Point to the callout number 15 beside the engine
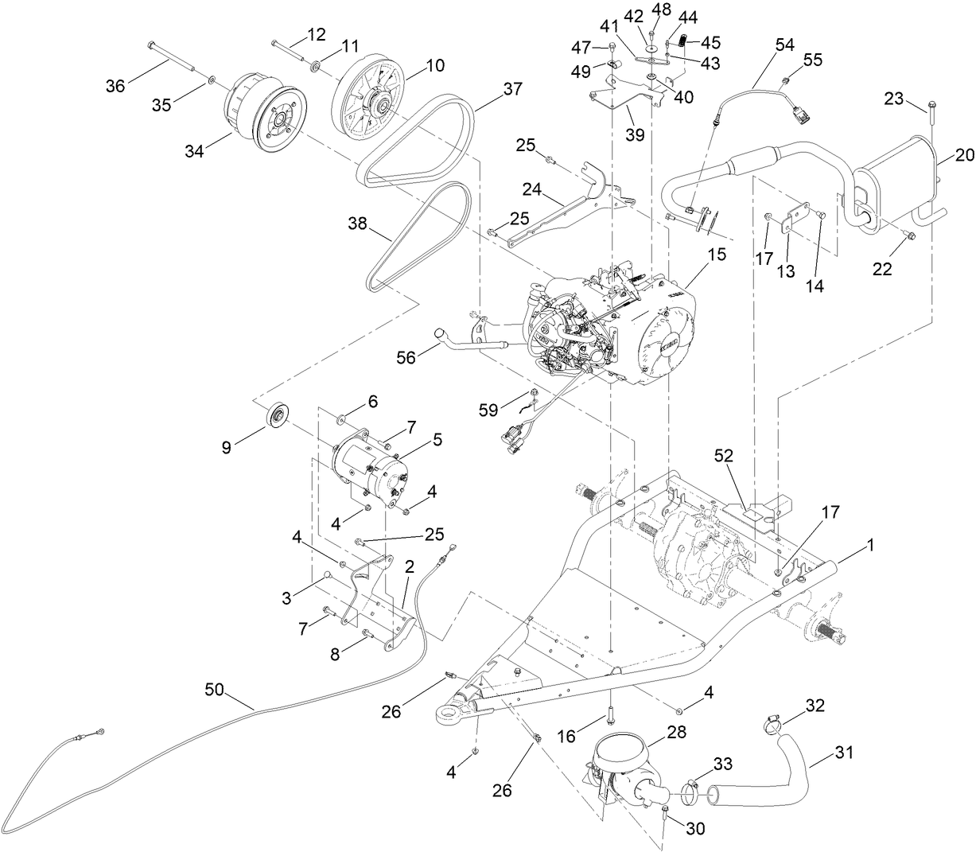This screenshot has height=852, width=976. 717,255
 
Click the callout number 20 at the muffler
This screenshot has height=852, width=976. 964,156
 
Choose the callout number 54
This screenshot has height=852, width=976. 784,45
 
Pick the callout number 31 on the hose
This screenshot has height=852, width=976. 844,752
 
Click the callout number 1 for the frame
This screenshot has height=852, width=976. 869,547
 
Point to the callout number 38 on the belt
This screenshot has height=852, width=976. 357,225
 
